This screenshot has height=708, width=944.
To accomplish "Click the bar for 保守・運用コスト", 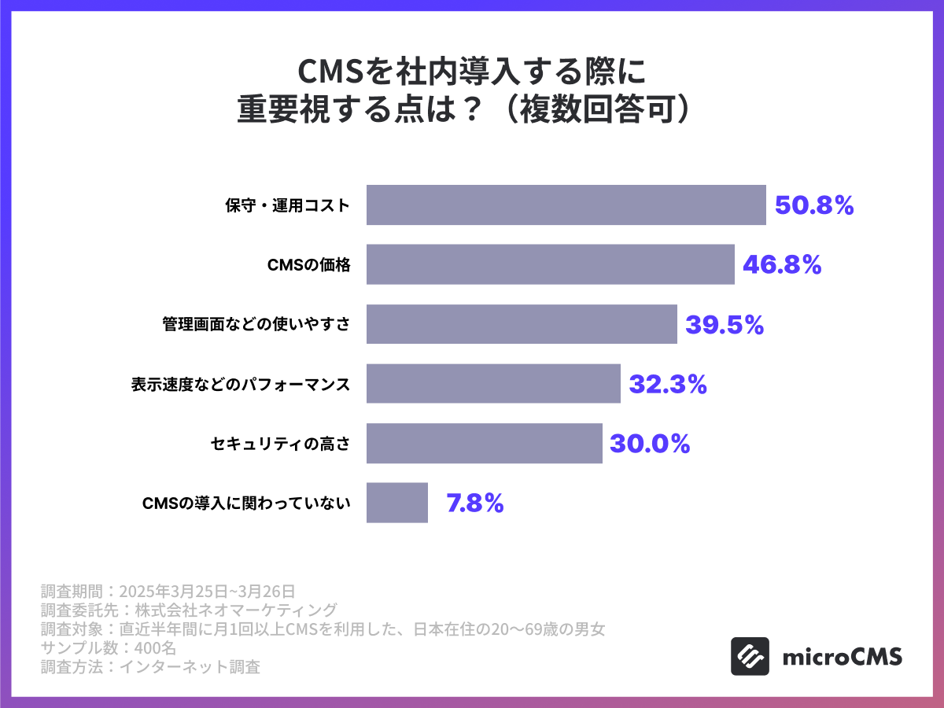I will click(566, 205).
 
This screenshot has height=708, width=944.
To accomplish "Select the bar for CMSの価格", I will click(551, 264).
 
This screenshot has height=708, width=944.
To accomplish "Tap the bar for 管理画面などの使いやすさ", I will click(522, 324).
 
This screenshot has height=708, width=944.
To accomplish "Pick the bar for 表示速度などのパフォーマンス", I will click(493, 383).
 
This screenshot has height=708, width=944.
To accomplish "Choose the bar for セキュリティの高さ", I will click(485, 443).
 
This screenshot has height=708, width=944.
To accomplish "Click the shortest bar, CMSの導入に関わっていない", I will click(397, 502).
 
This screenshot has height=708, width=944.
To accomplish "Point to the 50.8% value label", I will click(814, 206).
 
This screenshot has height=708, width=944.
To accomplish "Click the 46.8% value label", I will click(782, 265).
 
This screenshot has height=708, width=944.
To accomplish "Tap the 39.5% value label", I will click(725, 325).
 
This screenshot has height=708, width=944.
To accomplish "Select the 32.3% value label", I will click(668, 384).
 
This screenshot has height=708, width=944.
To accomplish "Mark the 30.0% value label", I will click(650, 444).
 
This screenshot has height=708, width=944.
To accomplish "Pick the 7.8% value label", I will click(475, 503).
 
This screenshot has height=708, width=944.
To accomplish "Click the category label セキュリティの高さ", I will click(280, 444).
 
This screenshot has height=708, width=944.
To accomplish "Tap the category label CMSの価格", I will click(309, 265).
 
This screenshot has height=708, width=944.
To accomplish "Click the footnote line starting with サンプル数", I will click(109, 647).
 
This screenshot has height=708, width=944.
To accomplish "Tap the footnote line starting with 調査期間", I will click(168, 590).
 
